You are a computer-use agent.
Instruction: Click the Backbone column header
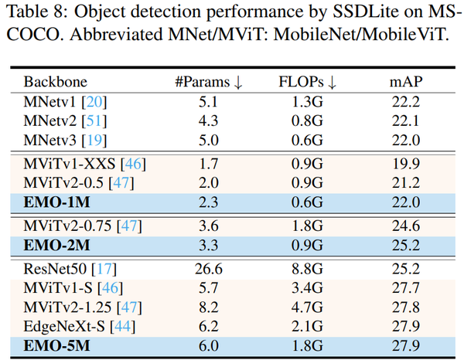point(56,82)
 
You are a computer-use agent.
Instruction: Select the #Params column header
point(209,82)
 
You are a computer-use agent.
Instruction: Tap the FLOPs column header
point(308,82)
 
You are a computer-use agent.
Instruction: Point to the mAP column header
point(406,82)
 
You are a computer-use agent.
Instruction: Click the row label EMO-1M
point(56,202)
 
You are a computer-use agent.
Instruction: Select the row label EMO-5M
point(56,346)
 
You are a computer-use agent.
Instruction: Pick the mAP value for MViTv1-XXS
point(406,164)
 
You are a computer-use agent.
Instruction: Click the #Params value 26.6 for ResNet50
point(209,269)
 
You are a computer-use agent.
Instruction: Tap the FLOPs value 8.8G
point(308,269)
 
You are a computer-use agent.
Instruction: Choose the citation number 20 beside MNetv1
point(94,102)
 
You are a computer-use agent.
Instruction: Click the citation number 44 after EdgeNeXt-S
point(122,327)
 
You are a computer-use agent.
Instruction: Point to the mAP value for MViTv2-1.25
point(406,307)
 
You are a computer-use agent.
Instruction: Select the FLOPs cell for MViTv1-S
point(308,288)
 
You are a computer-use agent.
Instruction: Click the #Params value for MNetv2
point(209,121)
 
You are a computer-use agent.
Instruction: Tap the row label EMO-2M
point(56,246)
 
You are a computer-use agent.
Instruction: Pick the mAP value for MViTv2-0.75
point(406,226)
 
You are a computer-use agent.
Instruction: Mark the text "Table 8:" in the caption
point(38,12)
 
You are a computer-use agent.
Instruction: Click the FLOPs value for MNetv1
point(308,102)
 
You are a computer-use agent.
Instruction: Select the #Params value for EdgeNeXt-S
point(209,327)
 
